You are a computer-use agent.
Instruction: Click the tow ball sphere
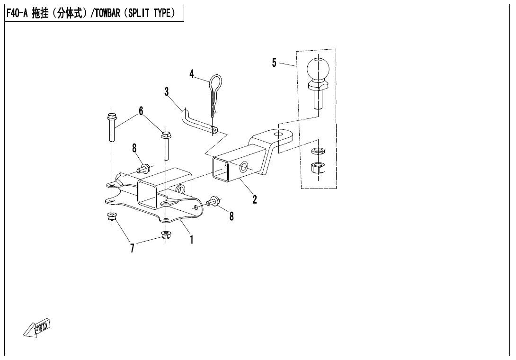(x=318, y=69)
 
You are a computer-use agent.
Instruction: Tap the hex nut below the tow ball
(x=318, y=168)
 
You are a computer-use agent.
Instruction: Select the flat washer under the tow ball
(x=318, y=151)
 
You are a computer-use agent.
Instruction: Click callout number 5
(x=274, y=63)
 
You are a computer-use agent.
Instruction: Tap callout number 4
(x=192, y=74)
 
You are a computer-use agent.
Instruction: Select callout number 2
(x=254, y=199)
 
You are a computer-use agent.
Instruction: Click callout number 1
(x=192, y=239)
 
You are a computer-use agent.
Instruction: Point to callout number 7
(x=132, y=248)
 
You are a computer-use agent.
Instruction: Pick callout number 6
(x=141, y=111)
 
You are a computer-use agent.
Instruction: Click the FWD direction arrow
(x=37, y=328)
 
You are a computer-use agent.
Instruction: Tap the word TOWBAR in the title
(x=107, y=13)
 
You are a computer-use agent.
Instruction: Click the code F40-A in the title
(x=17, y=13)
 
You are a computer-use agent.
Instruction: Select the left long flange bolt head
(x=111, y=117)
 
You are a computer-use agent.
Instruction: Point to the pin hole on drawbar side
(x=243, y=167)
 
